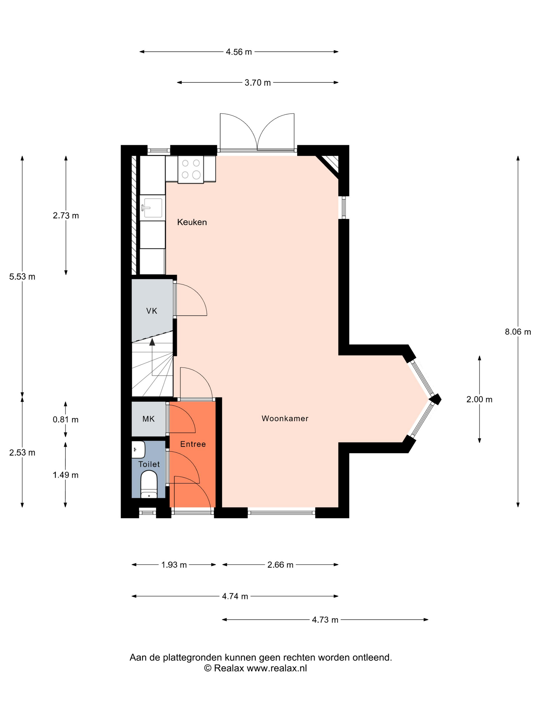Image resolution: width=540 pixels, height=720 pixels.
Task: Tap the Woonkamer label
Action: click(x=285, y=418)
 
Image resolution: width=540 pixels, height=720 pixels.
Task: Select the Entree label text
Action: click(x=193, y=444)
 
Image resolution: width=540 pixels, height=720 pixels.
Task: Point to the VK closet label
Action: click(x=152, y=311)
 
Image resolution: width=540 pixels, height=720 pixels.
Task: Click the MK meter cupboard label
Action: click(x=148, y=419)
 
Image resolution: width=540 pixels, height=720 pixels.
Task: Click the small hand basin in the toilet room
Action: click(x=138, y=449)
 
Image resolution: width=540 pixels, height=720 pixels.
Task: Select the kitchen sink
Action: click(x=152, y=208)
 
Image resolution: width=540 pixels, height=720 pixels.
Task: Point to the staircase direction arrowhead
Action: click(x=152, y=341)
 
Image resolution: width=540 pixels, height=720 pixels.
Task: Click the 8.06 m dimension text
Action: click(x=518, y=332)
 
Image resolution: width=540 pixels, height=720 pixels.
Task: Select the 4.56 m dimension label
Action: click(x=239, y=52)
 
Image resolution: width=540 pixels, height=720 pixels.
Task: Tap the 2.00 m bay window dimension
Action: click(x=479, y=399)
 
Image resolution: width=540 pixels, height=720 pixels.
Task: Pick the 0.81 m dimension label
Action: click(x=65, y=420)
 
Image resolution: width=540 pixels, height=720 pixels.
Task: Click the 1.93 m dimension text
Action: click(x=174, y=565)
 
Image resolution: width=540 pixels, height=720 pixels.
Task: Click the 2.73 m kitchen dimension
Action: click(x=66, y=215)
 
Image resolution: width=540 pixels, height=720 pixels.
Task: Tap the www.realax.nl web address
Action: click(x=277, y=668)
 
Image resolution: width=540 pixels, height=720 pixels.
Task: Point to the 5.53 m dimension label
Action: click(x=22, y=277)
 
